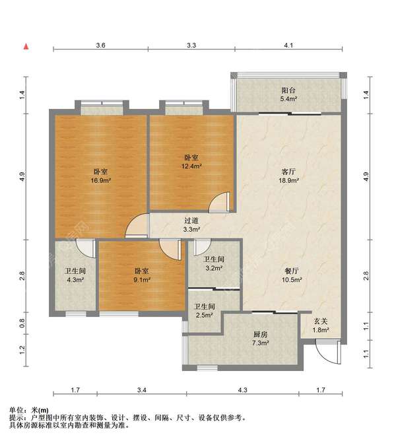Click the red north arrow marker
click(26, 47)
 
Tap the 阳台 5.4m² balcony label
click(288, 94)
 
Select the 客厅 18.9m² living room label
click(288, 176)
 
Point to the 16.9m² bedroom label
click(100, 176)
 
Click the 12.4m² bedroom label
click(191, 162)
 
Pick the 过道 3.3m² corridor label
click(191, 225)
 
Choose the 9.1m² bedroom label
click(141, 275)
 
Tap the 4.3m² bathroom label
click(75, 275)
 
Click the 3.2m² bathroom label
click(214, 263)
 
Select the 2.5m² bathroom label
click(205, 310)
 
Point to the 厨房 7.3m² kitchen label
click(260, 339)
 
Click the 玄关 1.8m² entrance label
click(321, 325)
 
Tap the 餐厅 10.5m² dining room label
click(292, 275)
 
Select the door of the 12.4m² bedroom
click(219, 202)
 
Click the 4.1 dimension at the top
click(288, 45)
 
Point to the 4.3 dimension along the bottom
click(242, 390)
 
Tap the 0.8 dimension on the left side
click(22, 323)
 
